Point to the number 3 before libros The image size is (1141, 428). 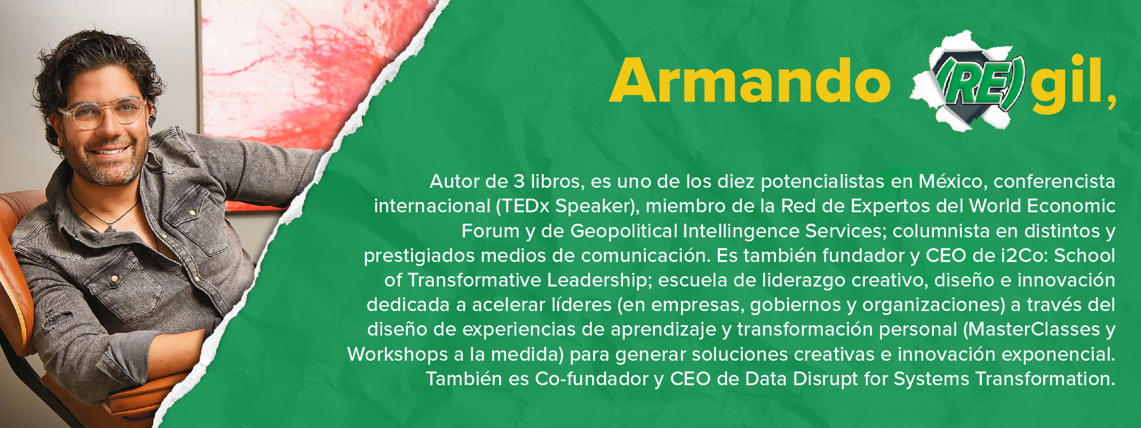click(x=519, y=181)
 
